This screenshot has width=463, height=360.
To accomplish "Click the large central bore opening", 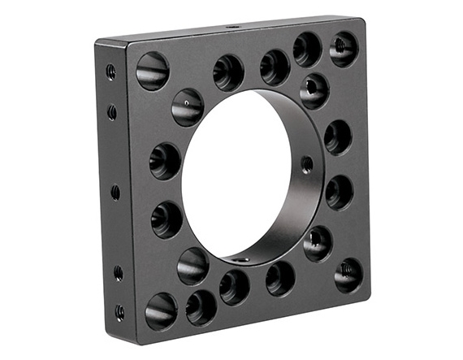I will click(x=236, y=175).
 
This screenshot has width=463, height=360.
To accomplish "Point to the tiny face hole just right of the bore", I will click(x=306, y=164).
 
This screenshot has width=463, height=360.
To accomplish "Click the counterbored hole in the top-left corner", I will click(x=153, y=71).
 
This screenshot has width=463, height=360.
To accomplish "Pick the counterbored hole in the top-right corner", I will click(x=344, y=50).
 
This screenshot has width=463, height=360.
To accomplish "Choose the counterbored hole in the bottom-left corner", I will click(x=161, y=310).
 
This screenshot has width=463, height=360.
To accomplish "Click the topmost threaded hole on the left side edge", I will click(x=110, y=72).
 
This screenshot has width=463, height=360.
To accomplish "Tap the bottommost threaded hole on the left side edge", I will click(x=119, y=311).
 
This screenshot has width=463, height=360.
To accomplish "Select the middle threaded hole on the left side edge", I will click(x=115, y=193).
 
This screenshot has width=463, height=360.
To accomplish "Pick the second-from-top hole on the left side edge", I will click(x=112, y=112).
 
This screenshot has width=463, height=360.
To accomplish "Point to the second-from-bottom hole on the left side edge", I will click(x=119, y=273).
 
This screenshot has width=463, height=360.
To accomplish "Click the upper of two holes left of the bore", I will click(x=165, y=160).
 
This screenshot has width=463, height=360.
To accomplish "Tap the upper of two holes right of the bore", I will click(x=338, y=137).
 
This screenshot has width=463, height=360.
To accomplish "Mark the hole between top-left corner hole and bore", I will click(x=188, y=107).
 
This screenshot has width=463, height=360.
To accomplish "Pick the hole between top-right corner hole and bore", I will click(x=314, y=90).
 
